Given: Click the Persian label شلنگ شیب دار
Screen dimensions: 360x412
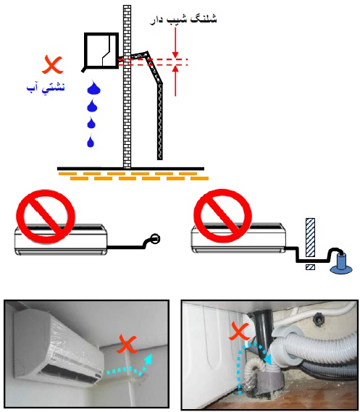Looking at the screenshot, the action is [183, 20].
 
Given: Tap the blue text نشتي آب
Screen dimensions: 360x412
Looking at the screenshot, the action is [46, 87].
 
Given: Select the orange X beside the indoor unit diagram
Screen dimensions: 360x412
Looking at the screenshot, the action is [53, 64].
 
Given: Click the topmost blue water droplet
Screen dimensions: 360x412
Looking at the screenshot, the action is [93, 87].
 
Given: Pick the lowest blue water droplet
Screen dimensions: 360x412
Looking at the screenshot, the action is [91, 141].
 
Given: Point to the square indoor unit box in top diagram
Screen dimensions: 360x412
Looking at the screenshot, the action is [101, 51].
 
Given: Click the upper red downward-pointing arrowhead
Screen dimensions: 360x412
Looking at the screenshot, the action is [175, 55].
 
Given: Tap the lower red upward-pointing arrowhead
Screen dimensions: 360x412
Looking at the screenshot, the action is [175, 69].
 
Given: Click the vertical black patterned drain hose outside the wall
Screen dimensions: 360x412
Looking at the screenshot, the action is [160, 122].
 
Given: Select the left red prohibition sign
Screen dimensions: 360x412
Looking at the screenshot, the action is [46, 216].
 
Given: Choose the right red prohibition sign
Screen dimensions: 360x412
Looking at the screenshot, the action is [223, 216].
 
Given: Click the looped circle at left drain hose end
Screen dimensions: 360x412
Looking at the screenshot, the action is [155, 238].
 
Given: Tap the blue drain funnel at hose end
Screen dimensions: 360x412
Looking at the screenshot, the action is [341, 264].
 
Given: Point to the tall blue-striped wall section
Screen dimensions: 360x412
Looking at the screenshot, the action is [310, 237].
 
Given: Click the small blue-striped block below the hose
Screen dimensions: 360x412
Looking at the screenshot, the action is [310, 267].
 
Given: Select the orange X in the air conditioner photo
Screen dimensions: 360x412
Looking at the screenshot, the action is [127, 344].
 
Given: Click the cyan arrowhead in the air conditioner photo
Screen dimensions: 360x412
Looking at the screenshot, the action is [148, 359].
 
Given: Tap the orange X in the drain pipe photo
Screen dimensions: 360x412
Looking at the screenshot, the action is [238, 332].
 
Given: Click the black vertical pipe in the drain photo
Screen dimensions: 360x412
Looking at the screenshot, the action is [264, 332].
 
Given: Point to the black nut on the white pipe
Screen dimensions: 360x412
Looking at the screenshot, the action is [318, 319].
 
